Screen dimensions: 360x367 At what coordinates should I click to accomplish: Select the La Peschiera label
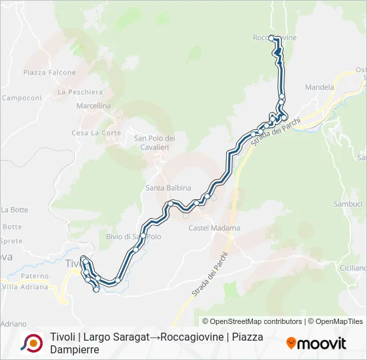click(x=80, y=92)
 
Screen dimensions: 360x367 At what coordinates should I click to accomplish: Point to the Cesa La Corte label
click(x=96, y=133)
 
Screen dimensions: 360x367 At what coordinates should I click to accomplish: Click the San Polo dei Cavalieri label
click(x=154, y=142)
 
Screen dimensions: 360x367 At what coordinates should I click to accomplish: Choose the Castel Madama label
click(x=214, y=228)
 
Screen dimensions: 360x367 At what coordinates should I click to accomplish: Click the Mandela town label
click(x=318, y=87)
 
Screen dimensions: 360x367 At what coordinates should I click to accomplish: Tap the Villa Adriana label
click(x=25, y=287)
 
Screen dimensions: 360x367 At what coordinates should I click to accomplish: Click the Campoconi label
click(x=21, y=97)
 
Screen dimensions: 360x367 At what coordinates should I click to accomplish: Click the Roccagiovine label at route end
click(x=274, y=38)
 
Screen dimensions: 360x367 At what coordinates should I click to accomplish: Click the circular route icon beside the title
click(x=31, y=343)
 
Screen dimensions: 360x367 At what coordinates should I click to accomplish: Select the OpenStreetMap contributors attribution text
click(x=252, y=321)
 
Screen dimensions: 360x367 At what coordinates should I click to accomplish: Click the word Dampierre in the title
click(x=75, y=349)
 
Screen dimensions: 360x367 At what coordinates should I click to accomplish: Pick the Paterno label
click(x=34, y=276)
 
